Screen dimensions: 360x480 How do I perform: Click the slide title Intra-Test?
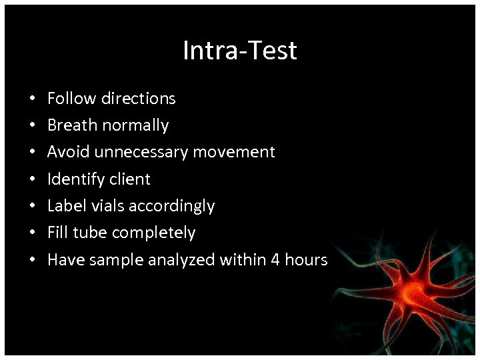coord(240,51)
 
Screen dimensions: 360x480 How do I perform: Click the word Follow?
coord(72,99)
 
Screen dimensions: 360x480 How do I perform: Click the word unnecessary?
coord(141,153)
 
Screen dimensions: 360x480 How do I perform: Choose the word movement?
coord(234,152)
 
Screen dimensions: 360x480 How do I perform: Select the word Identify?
coord(75,179)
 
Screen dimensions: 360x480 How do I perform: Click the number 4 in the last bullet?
coord(275,260)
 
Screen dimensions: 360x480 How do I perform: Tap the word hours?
coord(306,260)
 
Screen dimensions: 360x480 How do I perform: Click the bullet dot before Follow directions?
coord(33,99)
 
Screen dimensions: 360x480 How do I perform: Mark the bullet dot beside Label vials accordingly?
coord(33,207)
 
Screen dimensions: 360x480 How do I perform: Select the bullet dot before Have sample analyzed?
coord(33,261)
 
